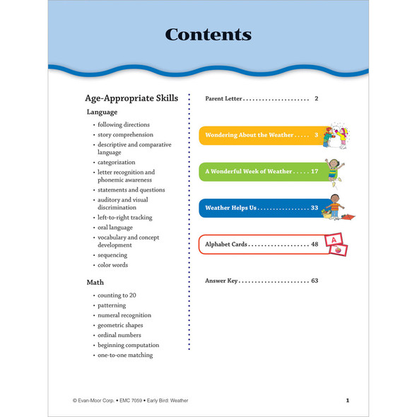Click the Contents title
(x=208, y=34)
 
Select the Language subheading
(x=102, y=112)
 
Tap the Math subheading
(x=95, y=282)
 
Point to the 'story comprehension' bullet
(x=125, y=134)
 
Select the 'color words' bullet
(x=113, y=265)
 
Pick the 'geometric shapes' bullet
(x=124, y=325)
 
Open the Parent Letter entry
(x=224, y=98)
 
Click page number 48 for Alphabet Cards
(x=315, y=244)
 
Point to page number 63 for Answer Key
(x=315, y=281)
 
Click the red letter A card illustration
(x=334, y=240)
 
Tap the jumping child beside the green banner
(x=336, y=170)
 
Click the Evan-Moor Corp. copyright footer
(x=130, y=401)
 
